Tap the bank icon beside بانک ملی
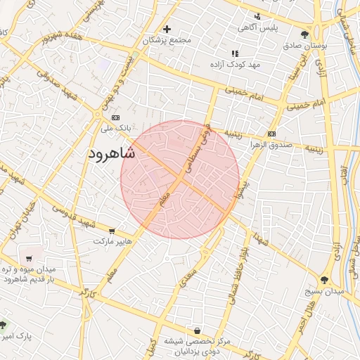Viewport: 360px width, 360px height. (x=116, y=117)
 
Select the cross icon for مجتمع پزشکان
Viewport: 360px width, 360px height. (x=167, y=30)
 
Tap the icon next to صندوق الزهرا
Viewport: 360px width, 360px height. (x=271, y=134)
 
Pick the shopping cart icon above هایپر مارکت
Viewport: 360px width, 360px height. (x=112, y=231)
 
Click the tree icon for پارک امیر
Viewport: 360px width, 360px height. (x=4, y=325)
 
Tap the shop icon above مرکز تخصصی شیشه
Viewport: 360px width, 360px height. (x=197, y=330)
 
